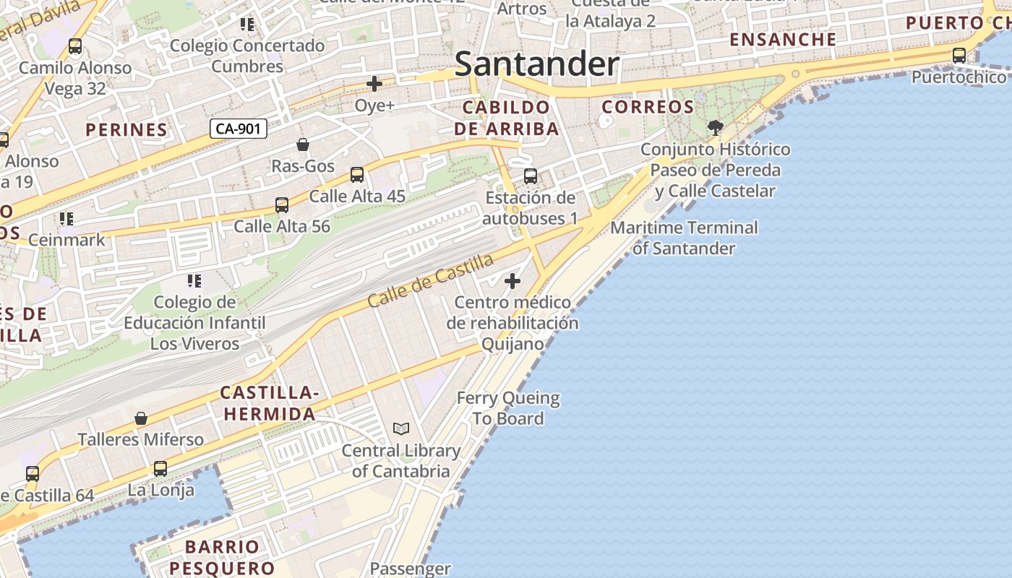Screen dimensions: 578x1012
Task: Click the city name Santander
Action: pos(537,64)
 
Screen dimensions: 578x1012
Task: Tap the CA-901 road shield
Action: pos(239,129)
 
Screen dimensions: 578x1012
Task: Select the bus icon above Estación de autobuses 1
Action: pos(531,176)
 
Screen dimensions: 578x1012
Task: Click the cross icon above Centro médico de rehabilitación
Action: pos(513,280)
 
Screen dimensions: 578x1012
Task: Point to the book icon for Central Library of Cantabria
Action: pos(401,429)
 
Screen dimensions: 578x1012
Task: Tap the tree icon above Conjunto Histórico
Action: pos(716,128)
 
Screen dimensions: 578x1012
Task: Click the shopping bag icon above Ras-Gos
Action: pos(303,144)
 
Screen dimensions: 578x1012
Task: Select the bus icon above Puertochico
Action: pos(959,55)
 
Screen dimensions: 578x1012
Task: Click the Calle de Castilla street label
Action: pos(431,280)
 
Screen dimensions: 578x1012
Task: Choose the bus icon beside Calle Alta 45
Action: pos(357,175)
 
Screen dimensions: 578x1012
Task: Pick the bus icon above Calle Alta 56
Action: pos(282,205)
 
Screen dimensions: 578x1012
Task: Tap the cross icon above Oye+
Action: pos(374,84)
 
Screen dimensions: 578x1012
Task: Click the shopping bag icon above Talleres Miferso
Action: pos(141,418)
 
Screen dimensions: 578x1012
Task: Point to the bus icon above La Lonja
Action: pos(160,469)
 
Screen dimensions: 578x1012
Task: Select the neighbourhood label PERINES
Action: pos(126,130)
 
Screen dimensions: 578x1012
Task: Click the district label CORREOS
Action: pos(648,107)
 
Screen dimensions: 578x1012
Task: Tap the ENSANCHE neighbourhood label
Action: pos(783,39)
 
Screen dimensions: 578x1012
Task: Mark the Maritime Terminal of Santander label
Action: pos(684,238)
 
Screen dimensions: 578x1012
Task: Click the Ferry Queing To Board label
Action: pos(508,408)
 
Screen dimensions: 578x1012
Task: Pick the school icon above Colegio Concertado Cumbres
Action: pos(247,25)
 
